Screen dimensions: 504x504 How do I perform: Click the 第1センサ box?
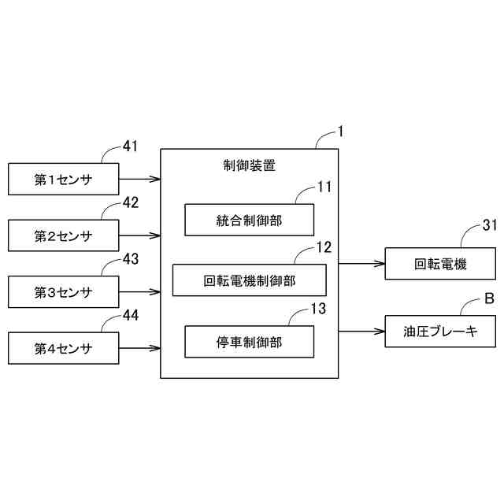[63, 180]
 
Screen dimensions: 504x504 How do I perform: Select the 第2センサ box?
[63, 235]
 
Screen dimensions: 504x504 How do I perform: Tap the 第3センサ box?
[63, 292]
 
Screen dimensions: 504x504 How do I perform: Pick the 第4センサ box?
[63, 348]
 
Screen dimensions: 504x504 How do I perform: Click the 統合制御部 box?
[249, 220]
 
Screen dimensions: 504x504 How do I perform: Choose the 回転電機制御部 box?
[249, 280]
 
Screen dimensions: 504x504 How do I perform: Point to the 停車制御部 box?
[249, 342]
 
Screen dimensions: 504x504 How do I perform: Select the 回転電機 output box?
[441, 264]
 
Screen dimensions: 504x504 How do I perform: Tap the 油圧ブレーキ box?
[441, 332]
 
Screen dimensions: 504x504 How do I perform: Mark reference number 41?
[131, 146]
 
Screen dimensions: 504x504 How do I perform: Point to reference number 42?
[131, 202]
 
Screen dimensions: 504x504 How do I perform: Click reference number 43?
[131, 258]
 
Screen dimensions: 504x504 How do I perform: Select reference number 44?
[131, 315]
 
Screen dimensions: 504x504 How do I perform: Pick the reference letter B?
[488, 298]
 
